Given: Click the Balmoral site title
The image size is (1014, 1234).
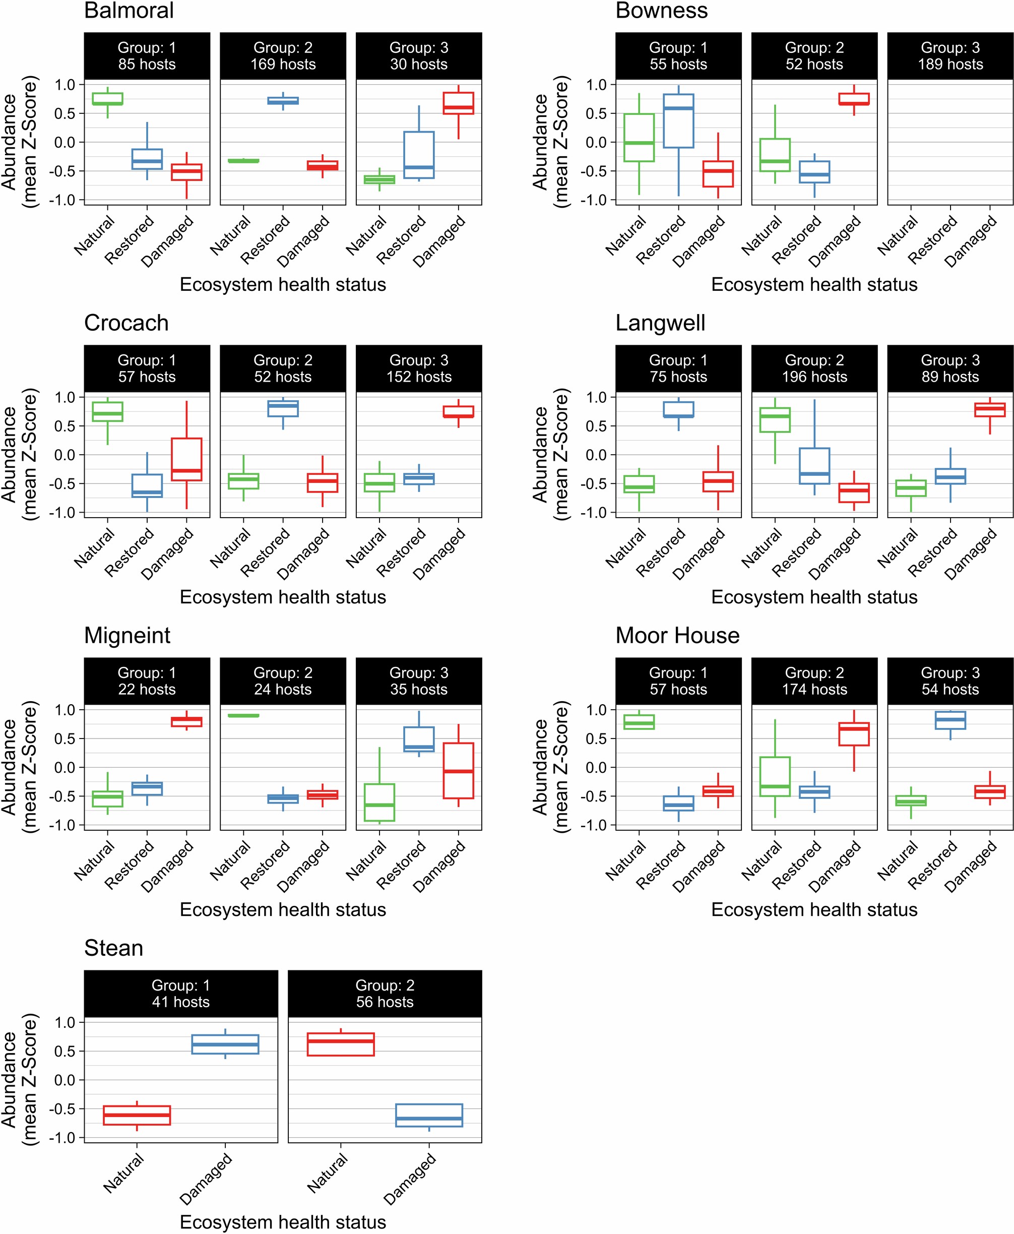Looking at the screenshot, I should (x=129, y=11).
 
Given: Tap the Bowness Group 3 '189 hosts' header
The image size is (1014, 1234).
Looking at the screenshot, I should (x=950, y=56).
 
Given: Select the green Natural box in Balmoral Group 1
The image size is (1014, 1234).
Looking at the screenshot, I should (x=107, y=99).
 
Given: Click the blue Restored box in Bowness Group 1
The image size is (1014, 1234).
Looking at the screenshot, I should (x=678, y=121).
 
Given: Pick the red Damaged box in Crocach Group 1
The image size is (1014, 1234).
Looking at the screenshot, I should (x=186, y=459).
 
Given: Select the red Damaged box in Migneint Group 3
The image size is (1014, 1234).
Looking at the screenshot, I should (x=458, y=770).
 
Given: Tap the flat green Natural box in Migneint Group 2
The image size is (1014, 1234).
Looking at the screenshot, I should (x=243, y=715).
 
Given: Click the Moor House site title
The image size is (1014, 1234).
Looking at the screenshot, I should (x=677, y=636).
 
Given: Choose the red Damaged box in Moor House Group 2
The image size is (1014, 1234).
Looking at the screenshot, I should (x=853, y=734).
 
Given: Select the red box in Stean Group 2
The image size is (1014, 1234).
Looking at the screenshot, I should (x=341, y=1044).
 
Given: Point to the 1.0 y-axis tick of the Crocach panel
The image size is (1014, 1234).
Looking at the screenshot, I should (x=65, y=397).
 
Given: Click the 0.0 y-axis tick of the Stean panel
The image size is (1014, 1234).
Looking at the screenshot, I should (x=65, y=1080).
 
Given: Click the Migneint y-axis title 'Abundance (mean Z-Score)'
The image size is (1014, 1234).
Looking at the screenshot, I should (x=19, y=767).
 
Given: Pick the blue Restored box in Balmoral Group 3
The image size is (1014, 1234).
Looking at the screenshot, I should (x=419, y=155).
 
